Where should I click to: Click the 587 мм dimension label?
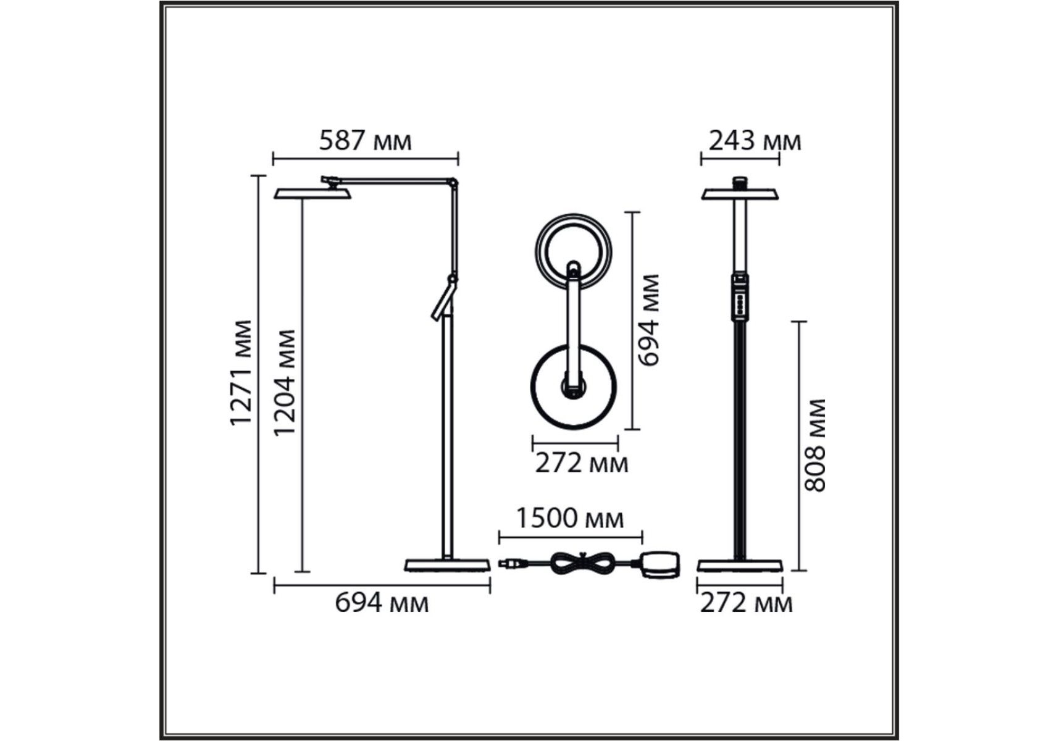[x=365, y=141]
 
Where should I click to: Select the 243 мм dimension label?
[x=755, y=141]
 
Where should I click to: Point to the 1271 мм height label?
[x=241, y=372]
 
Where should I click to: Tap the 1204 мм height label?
[x=285, y=382]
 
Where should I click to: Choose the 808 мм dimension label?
[x=814, y=445]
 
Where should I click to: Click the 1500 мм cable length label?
[x=569, y=518]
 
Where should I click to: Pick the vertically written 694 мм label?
[x=648, y=320]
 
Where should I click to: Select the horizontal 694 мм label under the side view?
[x=382, y=602]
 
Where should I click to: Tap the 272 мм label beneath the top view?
[x=581, y=463]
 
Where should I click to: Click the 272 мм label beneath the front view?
[x=746, y=602]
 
